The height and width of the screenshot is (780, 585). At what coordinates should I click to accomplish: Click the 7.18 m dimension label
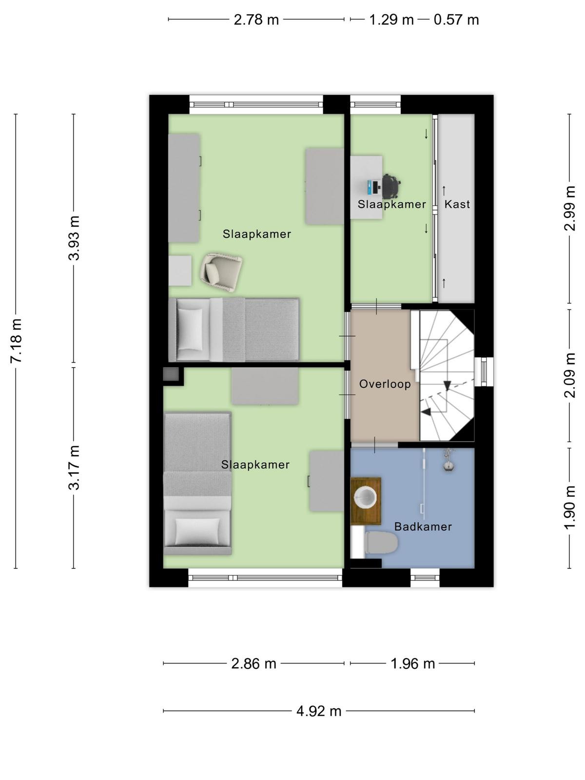point(17,340)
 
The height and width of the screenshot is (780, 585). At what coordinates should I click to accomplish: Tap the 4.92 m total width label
point(319,711)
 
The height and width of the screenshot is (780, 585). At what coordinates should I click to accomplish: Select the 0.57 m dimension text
point(456,20)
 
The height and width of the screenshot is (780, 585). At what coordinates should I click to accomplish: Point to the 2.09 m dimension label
point(570,375)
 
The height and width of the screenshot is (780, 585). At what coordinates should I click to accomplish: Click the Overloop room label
point(385,384)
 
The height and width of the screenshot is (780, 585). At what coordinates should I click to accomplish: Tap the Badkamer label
point(423,526)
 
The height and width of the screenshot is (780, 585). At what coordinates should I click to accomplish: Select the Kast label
point(457,204)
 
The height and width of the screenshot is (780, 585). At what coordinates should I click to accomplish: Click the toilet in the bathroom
point(381,542)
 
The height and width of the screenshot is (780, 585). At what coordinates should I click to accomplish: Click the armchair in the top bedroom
point(221,273)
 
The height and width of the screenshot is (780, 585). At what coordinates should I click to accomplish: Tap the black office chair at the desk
point(391,187)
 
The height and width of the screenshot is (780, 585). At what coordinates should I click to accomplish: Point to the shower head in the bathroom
point(448,465)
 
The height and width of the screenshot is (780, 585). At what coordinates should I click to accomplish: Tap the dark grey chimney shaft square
point(171,374)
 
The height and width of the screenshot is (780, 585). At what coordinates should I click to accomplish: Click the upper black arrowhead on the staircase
point(447,385)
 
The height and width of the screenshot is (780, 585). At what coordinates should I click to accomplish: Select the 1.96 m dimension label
point(412,663)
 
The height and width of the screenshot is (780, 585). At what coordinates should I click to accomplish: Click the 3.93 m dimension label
point(74,238)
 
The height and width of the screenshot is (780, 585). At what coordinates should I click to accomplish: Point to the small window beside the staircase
point(484,371)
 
